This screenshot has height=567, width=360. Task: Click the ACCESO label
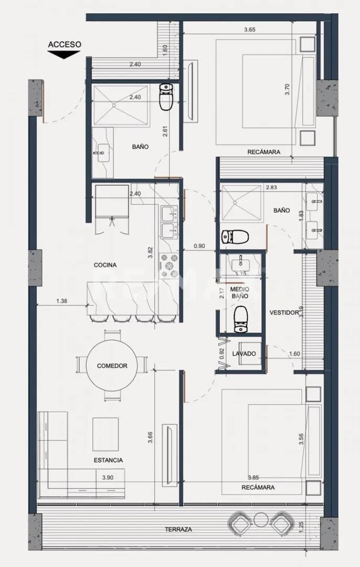pos(65,45)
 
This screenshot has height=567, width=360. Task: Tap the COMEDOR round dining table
pos(112,365)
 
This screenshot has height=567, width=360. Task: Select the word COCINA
pos(105,265)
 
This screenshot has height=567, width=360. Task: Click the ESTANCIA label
pos(109,460)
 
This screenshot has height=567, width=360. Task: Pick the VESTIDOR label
pos(284,312)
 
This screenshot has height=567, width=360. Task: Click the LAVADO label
pos(244,354)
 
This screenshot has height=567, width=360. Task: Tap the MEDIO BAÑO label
pos(240,292)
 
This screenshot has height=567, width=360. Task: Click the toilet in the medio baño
pos(241,320)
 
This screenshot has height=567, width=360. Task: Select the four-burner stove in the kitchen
pos(169,266)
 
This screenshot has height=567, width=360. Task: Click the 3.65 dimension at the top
pos(250,30)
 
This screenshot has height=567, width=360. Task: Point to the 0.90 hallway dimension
pos(199,245)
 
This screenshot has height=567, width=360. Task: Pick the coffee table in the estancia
pos(105,433)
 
